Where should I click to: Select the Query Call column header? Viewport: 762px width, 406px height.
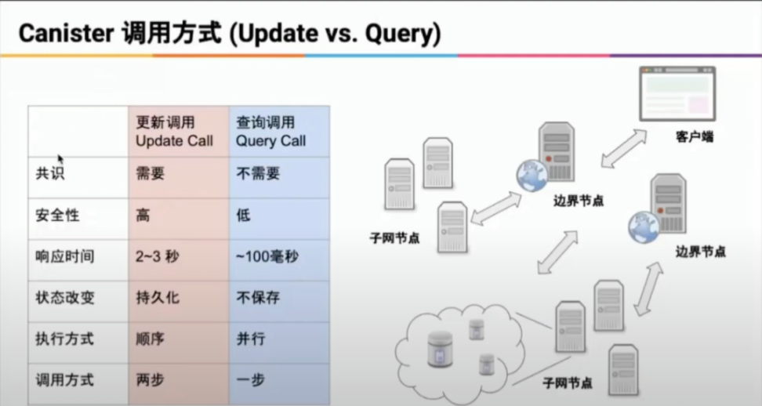(270, 132)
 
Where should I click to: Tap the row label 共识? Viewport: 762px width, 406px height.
(50, 173)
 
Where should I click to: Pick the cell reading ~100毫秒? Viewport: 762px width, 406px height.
(267, 256)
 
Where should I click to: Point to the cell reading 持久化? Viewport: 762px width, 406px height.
(158, 297)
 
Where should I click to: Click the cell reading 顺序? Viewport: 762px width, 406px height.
(151, 339)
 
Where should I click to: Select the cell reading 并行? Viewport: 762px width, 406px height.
(251, 339)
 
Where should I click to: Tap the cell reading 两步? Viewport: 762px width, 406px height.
(151, 380)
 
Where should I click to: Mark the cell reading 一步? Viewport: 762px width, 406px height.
(251, 380)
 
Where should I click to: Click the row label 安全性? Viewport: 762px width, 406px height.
(57, 215)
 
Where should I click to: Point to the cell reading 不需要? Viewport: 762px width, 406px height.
(258, 173)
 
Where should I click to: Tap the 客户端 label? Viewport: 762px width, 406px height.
(694, 137)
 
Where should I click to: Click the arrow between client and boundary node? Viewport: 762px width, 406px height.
(624, 148)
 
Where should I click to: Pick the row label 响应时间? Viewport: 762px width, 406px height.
(64, 256)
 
